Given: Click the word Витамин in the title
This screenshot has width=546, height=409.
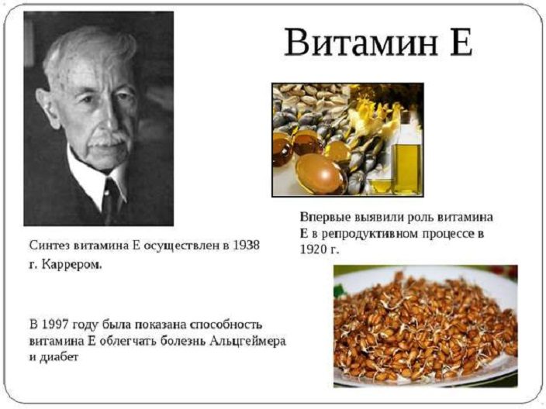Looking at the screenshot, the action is click(x=361, y=43).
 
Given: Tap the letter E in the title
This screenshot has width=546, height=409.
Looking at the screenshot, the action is click(x=461, y=42).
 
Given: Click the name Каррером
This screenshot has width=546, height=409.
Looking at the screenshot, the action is click(x=71, y=265).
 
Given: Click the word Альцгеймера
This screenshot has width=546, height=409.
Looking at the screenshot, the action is click(x=247, y=341).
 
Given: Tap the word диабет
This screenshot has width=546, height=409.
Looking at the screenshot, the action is click(x=59, y=357).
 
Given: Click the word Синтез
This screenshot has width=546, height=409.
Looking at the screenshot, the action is click(x=50, y=246).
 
